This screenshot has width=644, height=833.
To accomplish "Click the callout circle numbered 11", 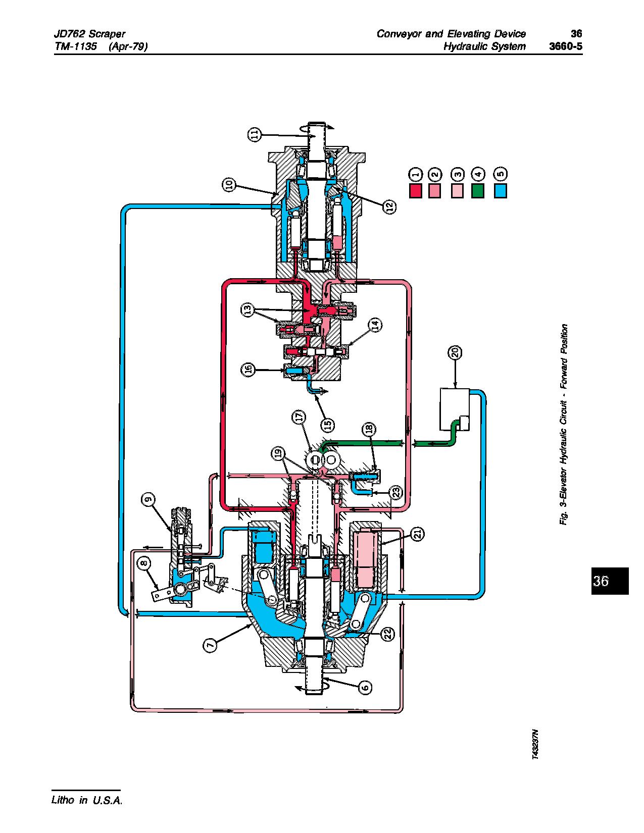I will coord(255,134).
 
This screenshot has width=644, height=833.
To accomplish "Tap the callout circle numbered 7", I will coord(210,644).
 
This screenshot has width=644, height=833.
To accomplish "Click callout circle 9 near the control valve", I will coord(148,499).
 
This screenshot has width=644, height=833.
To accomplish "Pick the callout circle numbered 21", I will coord(417,534).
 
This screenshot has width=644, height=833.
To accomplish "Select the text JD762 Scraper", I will coord(89,34).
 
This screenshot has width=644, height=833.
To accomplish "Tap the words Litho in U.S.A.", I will coord(87,800).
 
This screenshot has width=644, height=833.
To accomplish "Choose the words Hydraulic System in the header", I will coord(484,46).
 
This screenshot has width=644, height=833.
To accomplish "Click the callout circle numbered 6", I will coord(365,687).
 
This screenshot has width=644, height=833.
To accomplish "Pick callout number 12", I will coord(389,206).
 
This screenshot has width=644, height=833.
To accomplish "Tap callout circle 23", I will coord(397,491).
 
